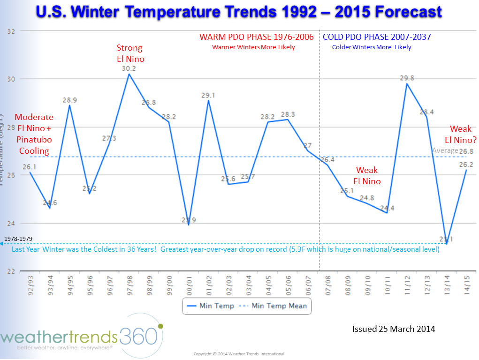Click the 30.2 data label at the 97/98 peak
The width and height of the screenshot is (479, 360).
[129, 68]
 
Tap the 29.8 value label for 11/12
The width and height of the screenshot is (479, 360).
[407, 78]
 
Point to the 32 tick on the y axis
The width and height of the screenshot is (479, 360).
[11, 31]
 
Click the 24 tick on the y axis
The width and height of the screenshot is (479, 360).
[11, 223]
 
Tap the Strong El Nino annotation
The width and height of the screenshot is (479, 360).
[130, 53]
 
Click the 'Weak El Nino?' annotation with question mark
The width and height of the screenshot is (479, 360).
[461, 134]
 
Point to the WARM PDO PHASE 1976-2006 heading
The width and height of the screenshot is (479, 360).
[257, 37]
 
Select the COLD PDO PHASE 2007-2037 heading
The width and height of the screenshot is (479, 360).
[377, 37]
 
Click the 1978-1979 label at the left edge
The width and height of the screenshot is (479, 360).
[18, 239]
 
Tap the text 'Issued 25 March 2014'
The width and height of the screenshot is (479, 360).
[394, 329]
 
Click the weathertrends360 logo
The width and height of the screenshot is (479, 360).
[82, 337]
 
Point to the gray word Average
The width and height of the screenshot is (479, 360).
[445, 150]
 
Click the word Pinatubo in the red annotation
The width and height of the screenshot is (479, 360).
[34, 140]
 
